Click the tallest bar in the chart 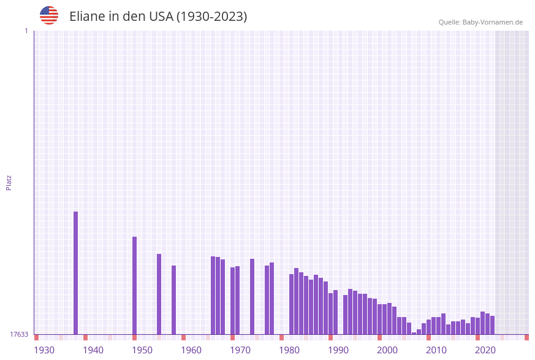point(76,273)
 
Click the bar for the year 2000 point(380,319)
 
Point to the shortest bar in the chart point(414,333)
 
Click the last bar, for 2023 point(493,325)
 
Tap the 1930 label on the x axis point(44,350)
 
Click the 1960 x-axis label point(191,350)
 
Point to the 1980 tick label point(289,350)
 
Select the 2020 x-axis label point(485,350)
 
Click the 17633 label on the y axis point(19,334)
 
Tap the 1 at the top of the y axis point(26,31)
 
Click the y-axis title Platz point(9,182)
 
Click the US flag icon point(49,15)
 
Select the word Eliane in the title point(88,17)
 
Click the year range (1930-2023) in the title point(211,17)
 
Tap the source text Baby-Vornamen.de point(493,22)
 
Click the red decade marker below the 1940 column point(86,337)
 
